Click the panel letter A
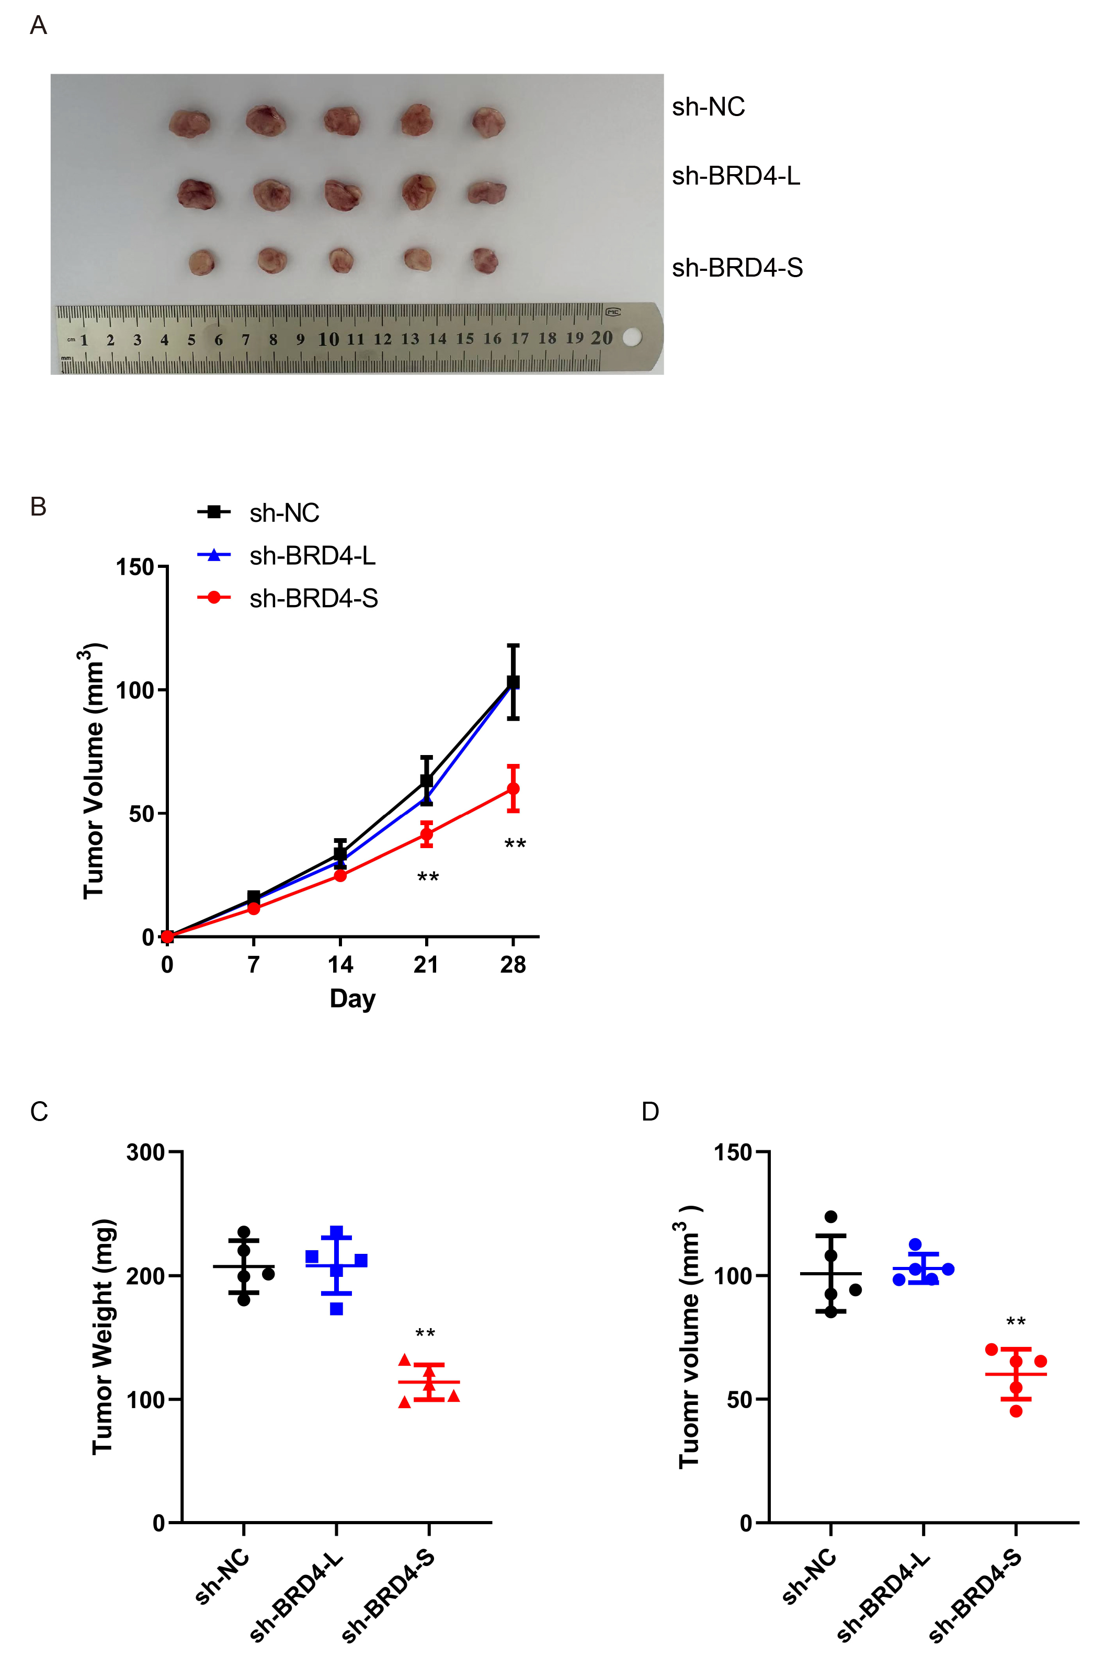pyautogui.click(x=38, y=26)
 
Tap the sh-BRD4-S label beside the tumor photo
pyautogui.click(x=737, y=268)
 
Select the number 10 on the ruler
pyautogui.click(x=328, y=340)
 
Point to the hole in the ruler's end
pyautogui.click(x=631, y=338)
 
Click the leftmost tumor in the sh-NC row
pyautogui.click(x=189, y=123)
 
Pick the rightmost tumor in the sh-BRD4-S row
pyautogui.click(x=485, y=261)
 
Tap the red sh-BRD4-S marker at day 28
pyautogui.click(x=513, y=788)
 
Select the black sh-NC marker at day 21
pyautogui.click(x=426, y=781)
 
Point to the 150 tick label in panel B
pyautogui.click(x=134, y=567)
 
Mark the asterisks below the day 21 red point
pyautogui.click(x=428, y=877)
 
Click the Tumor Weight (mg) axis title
pyautogui.click(x=102, y=1336)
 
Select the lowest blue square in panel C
pyautogui.click(x=336, y=1309)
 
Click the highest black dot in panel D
pyautogui.click(x=831, y=1217)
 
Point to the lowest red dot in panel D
pyautogui.click(x=1016, y=1411)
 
